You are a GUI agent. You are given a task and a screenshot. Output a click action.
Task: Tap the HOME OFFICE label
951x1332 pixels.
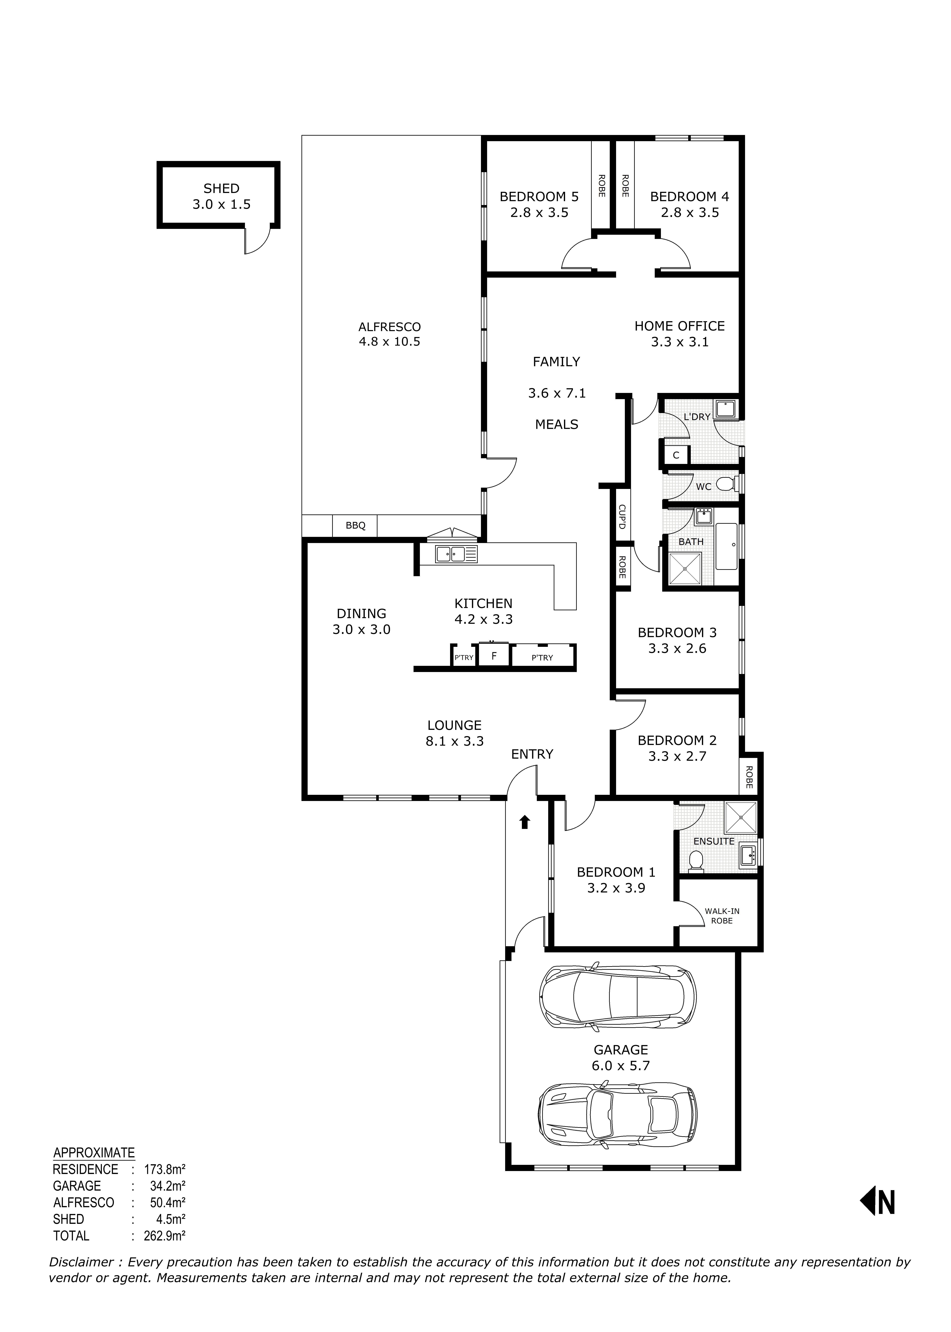679,326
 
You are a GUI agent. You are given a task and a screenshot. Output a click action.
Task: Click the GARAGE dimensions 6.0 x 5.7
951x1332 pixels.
621,1066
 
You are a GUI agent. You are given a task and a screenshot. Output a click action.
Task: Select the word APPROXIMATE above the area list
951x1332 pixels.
94,1153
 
